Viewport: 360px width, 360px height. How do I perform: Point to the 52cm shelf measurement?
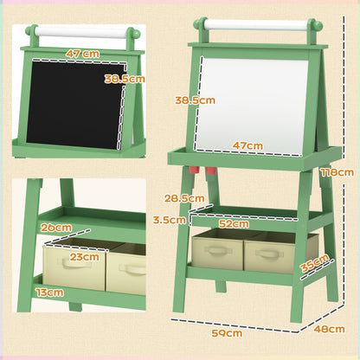coord(234,223)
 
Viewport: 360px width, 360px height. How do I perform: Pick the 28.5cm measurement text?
coord(183,198)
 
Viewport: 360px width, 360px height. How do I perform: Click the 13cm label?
coord(49,293)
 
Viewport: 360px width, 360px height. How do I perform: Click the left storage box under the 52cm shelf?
coord(216,251)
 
